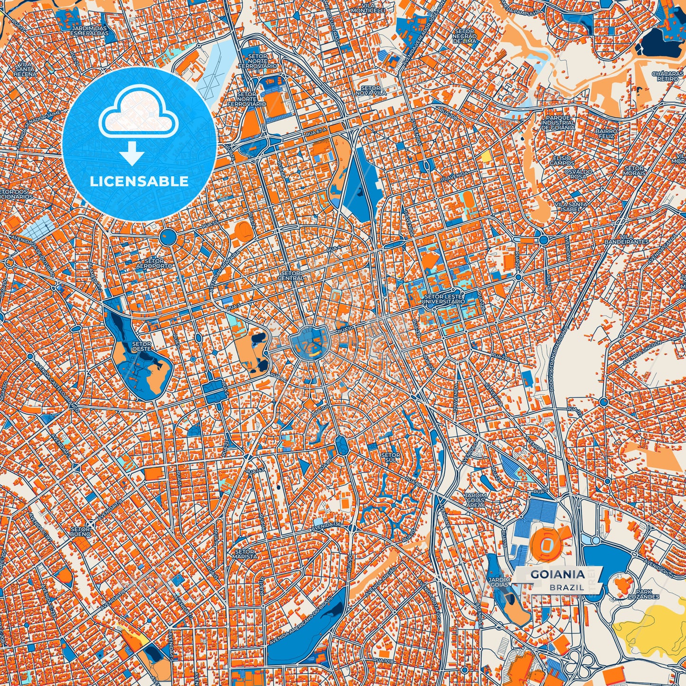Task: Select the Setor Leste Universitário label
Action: coord(443,299)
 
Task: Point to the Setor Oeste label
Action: coord(141,346)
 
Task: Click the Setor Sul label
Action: coord(390,458)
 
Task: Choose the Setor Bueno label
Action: coord(80,531)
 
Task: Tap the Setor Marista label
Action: coord(245,554)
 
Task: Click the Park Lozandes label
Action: coord(644,594)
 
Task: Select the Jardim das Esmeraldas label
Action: coord(90,30)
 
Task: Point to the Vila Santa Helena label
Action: coord(24,69)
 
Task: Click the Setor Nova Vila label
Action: coord(370,91)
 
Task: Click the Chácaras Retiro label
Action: coord(667,76)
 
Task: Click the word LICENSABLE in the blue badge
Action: coord(140,181)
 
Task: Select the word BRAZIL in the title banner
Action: coord(567,587)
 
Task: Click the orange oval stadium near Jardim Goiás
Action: coord(546,542)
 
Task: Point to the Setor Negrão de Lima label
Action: coord(464,36)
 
